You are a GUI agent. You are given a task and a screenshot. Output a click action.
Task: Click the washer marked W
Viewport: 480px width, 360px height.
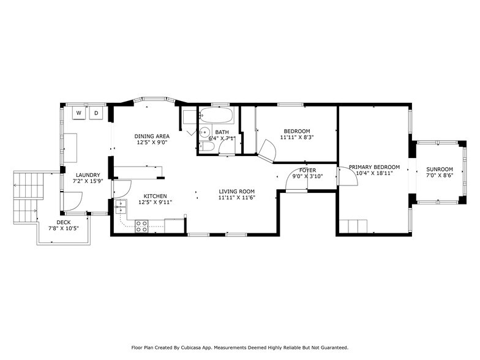[80, 113]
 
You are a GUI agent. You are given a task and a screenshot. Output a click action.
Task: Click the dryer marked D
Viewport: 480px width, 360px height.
[97, 113]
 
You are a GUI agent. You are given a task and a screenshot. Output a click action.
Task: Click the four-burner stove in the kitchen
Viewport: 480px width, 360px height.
[142, 225]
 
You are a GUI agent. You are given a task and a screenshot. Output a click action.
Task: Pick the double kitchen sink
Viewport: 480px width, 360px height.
[121, 206]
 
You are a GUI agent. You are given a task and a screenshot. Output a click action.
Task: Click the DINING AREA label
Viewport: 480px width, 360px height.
[152, 136]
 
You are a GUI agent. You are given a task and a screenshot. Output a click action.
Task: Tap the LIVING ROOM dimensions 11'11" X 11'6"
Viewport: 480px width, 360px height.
[236, 197]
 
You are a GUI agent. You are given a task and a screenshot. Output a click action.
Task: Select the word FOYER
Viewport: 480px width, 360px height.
[307, 170]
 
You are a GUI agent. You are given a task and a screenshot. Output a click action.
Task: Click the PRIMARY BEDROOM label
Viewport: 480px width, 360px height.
[374, 167]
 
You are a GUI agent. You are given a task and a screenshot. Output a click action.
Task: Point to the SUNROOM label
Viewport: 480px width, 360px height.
[440, 170]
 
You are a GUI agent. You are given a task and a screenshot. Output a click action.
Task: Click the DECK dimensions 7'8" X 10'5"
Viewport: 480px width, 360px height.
[63, 228]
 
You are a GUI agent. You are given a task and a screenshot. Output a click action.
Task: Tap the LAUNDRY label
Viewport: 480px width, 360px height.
[88, 175]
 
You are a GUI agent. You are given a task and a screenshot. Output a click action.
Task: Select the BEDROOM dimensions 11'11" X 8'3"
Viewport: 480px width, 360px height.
[296, 138]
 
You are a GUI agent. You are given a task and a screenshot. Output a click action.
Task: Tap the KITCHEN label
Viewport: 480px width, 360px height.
[138, 196]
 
